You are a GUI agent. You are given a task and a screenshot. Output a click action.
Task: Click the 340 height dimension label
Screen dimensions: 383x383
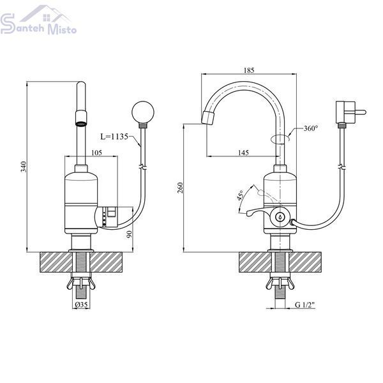24,167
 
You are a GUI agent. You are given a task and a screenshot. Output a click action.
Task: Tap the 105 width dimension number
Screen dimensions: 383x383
96,153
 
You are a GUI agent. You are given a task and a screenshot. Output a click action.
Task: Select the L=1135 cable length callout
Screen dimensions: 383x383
114,137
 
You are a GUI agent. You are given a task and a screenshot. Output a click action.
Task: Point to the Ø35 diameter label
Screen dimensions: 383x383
81,304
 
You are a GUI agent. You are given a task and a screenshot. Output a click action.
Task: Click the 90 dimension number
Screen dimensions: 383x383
130,234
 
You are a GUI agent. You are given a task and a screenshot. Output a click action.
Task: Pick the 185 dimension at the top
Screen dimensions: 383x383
249,70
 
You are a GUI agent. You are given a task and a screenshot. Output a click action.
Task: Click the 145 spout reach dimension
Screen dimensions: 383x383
243,153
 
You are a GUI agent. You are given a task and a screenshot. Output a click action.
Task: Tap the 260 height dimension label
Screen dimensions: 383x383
180,188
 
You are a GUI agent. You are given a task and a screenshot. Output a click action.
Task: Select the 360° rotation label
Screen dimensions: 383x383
311,128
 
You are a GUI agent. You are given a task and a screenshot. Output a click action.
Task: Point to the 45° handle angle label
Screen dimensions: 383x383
241,195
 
